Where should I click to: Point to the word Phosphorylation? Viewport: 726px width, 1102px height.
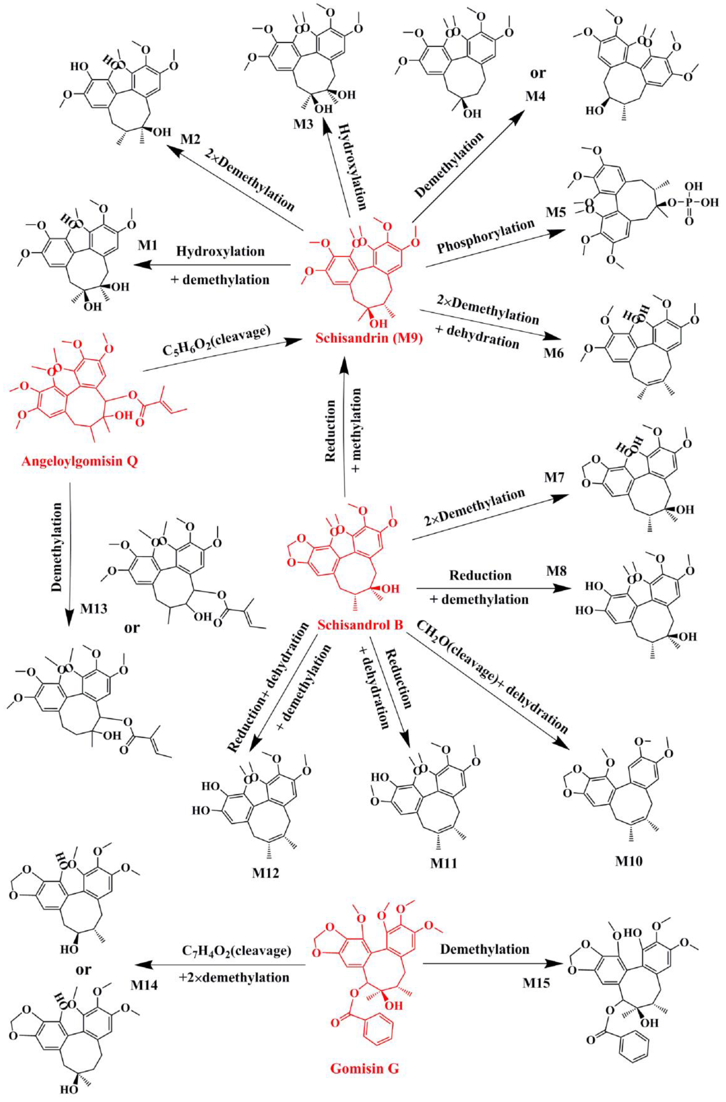(485, 237)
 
